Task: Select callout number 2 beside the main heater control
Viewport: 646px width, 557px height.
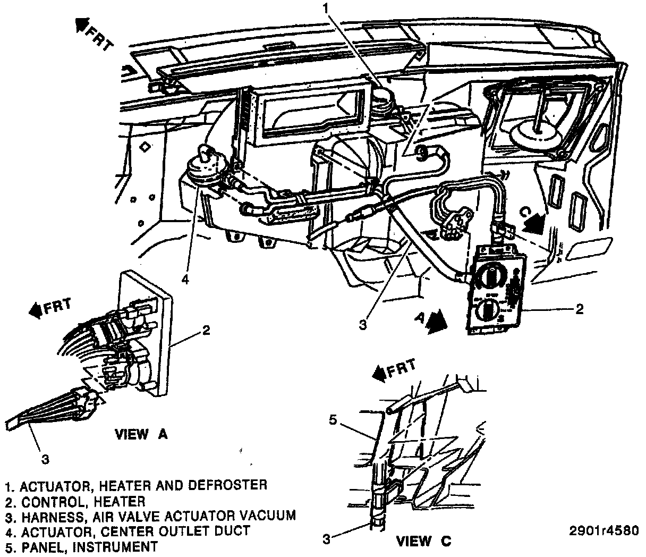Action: (x=580, y=308)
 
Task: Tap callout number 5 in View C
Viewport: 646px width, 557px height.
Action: (x=333, y=421)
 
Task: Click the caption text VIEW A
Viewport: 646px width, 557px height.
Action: (x=141, y=434)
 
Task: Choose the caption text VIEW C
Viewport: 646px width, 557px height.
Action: (x=424, y=542)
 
